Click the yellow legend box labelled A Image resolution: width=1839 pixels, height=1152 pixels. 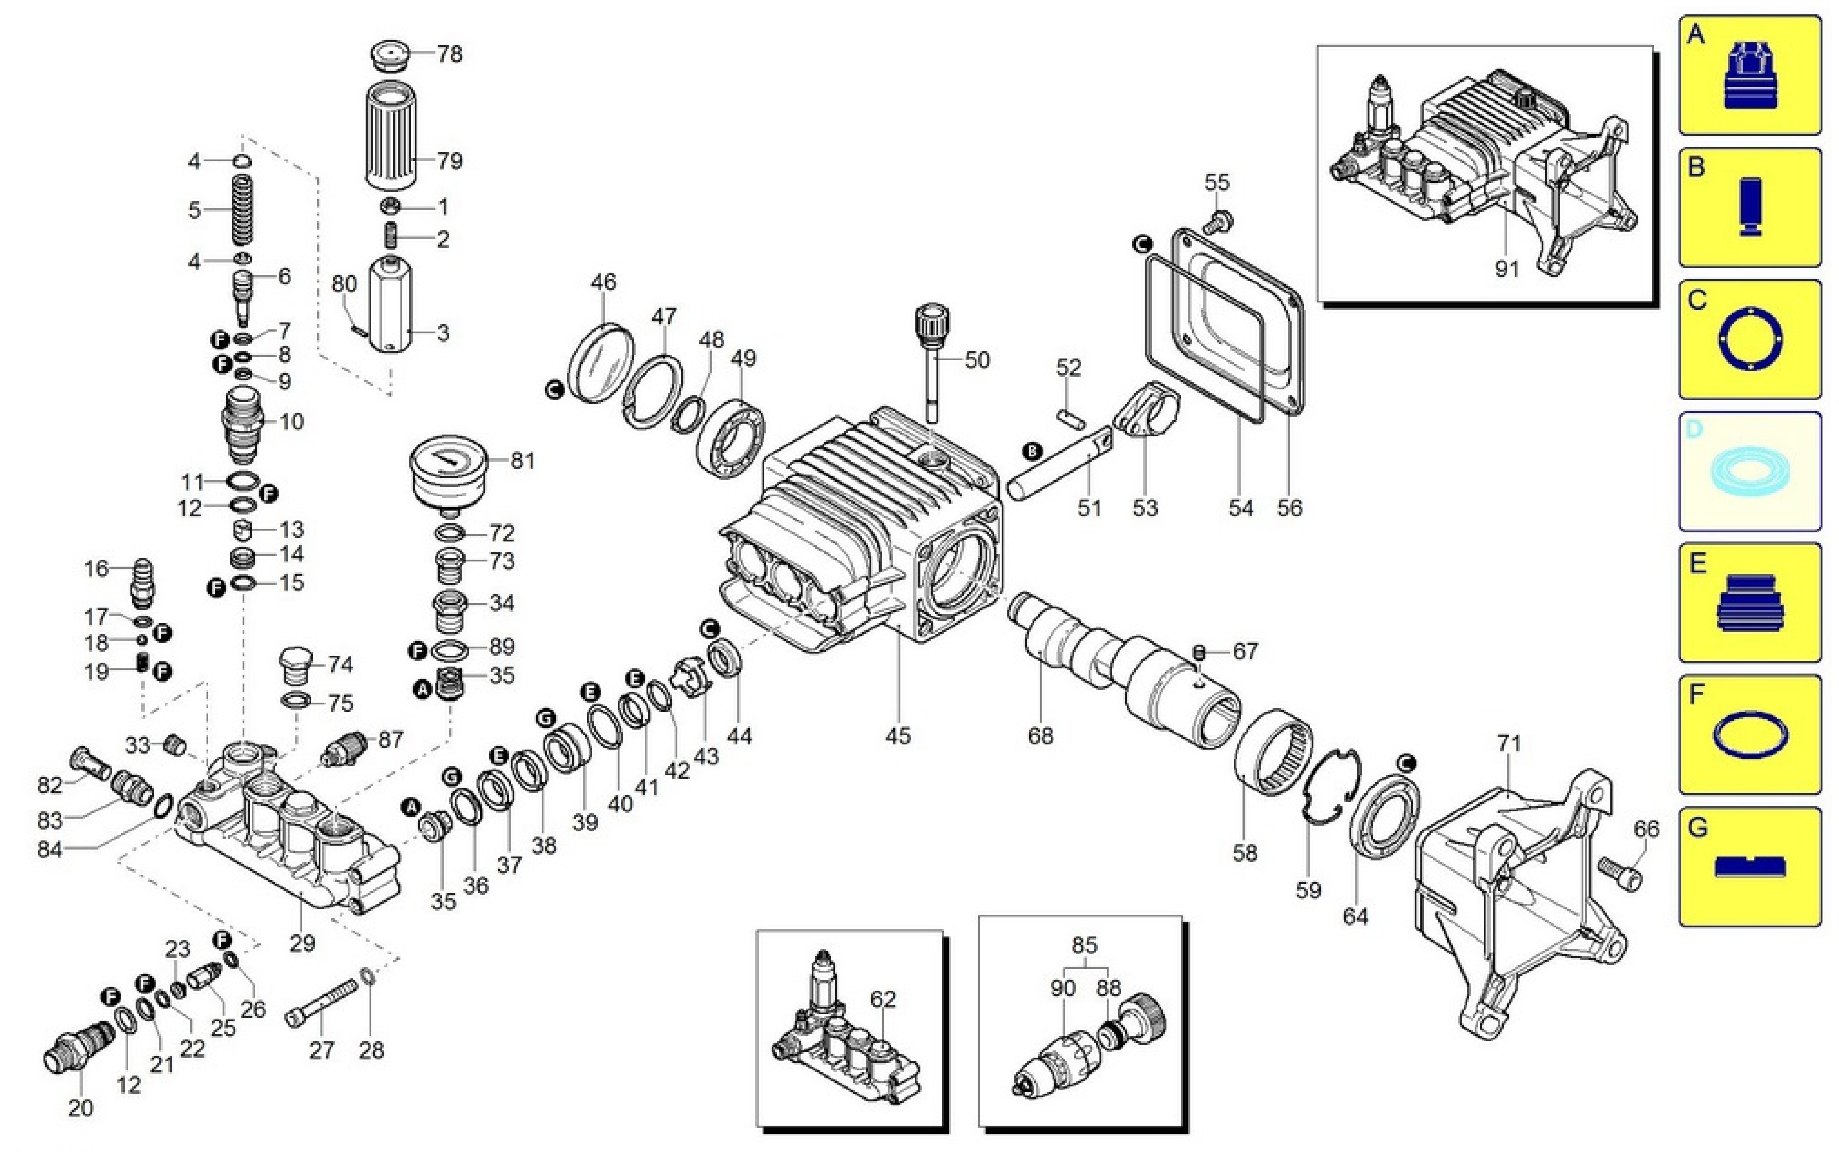coord(1750,76)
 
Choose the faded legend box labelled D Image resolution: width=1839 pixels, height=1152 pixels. coord(1750,471)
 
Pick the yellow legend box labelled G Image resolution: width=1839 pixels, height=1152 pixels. coord(1750,866)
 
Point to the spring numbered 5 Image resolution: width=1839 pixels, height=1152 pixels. coord(241,209)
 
